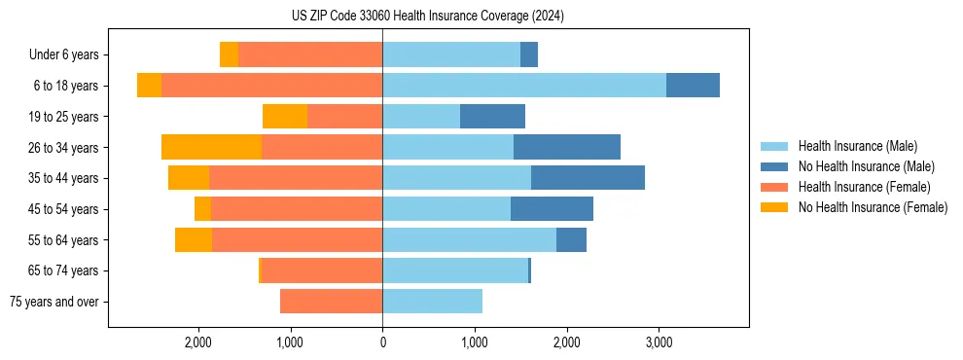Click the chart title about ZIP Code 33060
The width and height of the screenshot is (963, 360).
click(427, 17)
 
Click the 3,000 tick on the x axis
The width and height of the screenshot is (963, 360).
click(659, 342)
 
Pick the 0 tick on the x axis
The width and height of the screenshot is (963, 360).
click(382, 342)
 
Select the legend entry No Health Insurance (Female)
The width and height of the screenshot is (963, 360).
click(873, 207)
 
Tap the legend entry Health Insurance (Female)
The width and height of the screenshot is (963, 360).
click(864, 187)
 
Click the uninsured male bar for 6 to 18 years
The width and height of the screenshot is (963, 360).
click(693, 86)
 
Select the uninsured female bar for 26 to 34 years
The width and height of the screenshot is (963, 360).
click(211, 148)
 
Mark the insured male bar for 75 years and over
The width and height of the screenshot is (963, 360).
click(432, 302)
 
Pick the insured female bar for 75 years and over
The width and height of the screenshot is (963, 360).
click(332, 302)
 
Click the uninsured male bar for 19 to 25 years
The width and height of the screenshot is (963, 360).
click(492, 117)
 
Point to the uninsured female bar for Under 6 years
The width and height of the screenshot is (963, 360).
click(229, 55)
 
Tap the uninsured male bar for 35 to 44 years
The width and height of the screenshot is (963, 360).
click(588, 178)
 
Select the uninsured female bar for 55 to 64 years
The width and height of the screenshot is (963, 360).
click(194, 240)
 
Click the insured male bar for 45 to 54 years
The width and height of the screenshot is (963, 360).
click(446, 209)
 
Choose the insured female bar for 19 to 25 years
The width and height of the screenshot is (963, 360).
click(344, 117)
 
